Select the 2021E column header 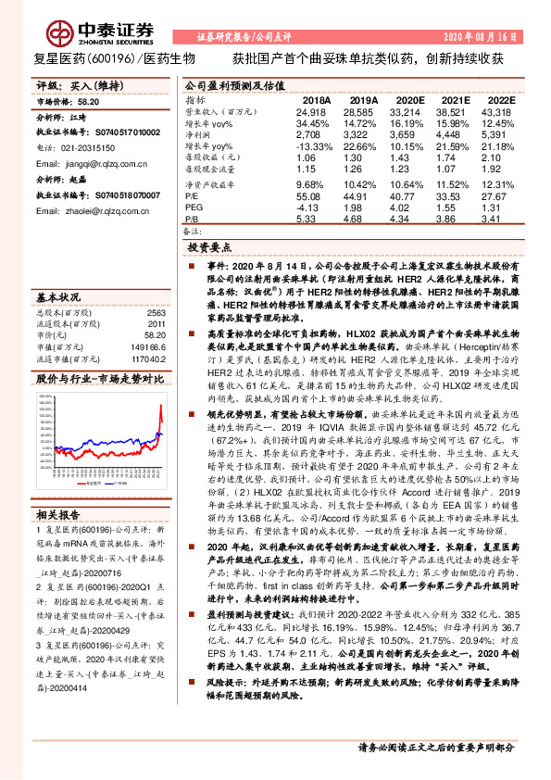(457, 100)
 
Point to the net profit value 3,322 (364, 133)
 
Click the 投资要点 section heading (209, 249)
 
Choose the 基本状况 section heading (57, 298)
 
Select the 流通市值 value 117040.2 (148, 358)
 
